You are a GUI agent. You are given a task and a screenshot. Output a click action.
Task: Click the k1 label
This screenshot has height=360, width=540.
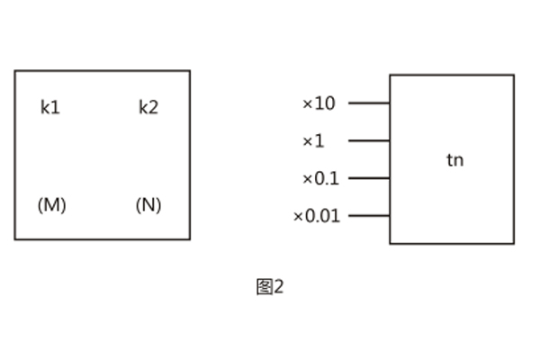click(50, 108)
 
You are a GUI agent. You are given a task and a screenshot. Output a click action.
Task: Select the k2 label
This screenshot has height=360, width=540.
click(148, 108)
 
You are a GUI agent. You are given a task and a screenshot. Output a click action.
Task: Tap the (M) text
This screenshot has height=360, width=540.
click(51, 205)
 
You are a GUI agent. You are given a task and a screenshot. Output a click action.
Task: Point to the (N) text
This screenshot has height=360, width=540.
click(148, 205)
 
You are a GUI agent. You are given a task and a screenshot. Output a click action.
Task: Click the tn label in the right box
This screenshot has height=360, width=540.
click(455, 161)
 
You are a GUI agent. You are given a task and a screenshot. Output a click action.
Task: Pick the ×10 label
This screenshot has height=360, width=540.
click(319, 103)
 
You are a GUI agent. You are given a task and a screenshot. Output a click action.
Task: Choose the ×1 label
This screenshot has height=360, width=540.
click(313, 141)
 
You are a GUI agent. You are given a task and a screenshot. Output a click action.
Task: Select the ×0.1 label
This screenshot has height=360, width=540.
click(320, 178)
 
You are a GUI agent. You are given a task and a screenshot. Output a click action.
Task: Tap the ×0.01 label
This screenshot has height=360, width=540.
click(317, 216)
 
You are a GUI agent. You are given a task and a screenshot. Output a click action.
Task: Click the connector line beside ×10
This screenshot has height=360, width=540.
click(369, 103)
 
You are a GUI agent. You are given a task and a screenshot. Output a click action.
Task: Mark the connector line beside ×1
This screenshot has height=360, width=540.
click(369, 141)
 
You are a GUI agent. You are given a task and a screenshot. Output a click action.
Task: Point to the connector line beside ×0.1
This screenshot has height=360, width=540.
click(369, 178)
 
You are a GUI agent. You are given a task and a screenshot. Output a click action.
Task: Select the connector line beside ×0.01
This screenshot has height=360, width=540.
click(369, 216)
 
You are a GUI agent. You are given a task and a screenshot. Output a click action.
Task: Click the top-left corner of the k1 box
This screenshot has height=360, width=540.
click(15, 71)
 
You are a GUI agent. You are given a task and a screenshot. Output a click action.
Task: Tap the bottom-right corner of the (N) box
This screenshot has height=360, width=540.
click(190, 239)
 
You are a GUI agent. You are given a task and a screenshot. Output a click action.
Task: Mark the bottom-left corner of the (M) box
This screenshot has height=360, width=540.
click(15, 239)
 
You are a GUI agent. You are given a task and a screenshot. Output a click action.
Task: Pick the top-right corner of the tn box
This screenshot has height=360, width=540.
click(514, 75)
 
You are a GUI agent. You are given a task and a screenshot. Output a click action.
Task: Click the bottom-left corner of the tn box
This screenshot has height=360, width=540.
click(390, 243)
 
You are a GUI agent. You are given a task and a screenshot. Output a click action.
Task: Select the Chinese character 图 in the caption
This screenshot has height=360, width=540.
click(264, 287)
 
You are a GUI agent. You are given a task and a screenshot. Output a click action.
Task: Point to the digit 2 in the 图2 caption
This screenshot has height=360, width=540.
click(278, 287)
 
